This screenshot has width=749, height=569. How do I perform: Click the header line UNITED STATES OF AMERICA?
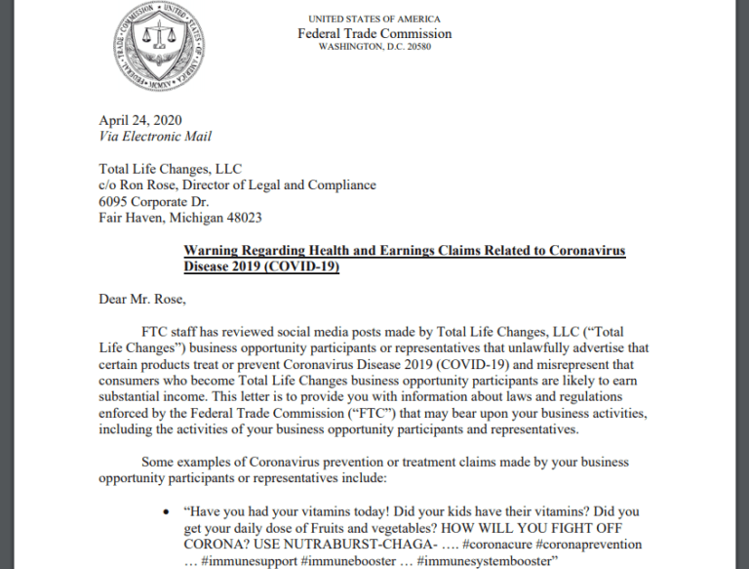pyautogui.click(x=374, y=20)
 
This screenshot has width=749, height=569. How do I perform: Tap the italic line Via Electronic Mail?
pyautogui.click(x=155, y=137)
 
